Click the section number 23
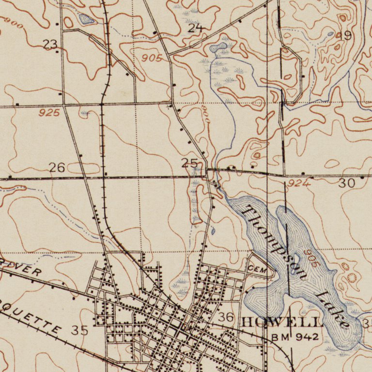coord(50,45)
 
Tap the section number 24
coord(195,28)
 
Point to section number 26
coord(57,168)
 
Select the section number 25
coord(189,163)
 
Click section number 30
coord(347,183)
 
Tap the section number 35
coord(80,331)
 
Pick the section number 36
coord(226,317)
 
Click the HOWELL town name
coord(281,322)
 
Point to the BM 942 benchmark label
coord(294,337)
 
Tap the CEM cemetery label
coord(257,269)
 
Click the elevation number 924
coord(298,184)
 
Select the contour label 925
coord(50,113)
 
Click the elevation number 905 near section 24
coord(152,58)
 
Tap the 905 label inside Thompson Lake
coord(312,258)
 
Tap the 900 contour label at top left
coord(13,23)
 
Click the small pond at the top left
coord(86,19)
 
